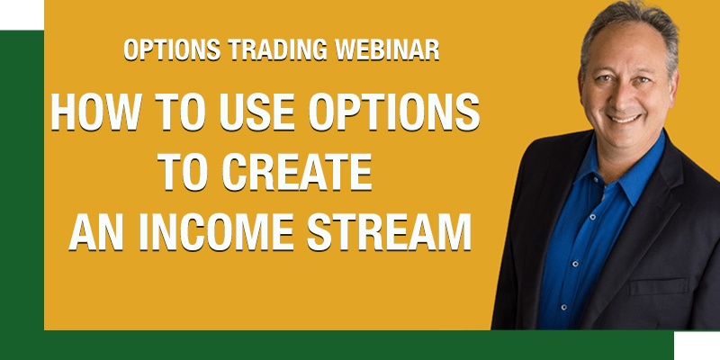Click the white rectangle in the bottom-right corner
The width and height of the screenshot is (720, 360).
point(697,346)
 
